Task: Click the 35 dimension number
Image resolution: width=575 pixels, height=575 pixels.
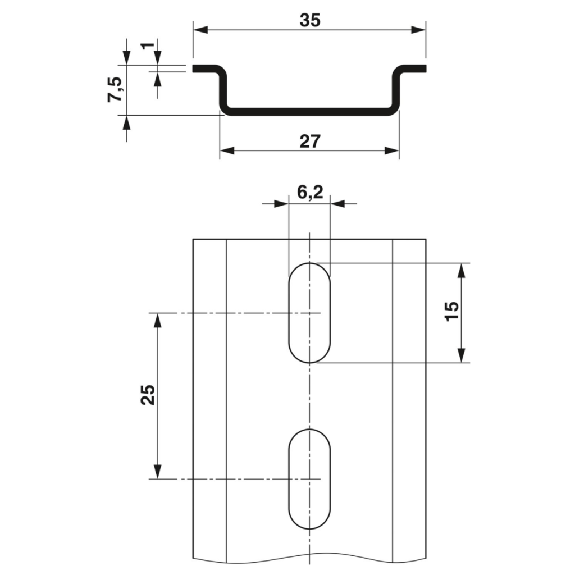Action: coord(310,20)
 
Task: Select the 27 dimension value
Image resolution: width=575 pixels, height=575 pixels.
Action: coord(310,142)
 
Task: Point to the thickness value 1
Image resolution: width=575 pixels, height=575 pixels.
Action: coord(148,46)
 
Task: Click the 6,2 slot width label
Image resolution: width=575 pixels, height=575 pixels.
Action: coord(310,192)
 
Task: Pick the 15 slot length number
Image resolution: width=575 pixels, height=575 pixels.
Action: coord(451,311)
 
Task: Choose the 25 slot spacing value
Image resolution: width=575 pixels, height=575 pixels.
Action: coord(148,395)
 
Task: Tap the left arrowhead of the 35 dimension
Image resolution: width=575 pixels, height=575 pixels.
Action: coord(200,30)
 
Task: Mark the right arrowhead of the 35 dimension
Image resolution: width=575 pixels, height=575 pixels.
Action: coord(418,30)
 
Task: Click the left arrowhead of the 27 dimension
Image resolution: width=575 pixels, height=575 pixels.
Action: coord(227,150)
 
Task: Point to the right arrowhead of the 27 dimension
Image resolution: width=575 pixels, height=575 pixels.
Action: coord(391,150)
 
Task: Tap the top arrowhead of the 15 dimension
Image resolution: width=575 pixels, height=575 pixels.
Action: coord(462,271)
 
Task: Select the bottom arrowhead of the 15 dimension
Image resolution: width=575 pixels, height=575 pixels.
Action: coord(462,355)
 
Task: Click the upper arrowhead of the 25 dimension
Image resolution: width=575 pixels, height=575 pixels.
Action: coord(158,321)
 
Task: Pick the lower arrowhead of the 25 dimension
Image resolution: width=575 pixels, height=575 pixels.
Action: coord(158,472)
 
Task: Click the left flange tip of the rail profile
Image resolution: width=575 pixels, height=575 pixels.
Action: coord(194,69)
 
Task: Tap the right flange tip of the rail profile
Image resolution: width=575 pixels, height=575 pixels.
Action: coord(425,69)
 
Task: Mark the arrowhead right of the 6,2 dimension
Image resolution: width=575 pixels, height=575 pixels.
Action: coord(337,203)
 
